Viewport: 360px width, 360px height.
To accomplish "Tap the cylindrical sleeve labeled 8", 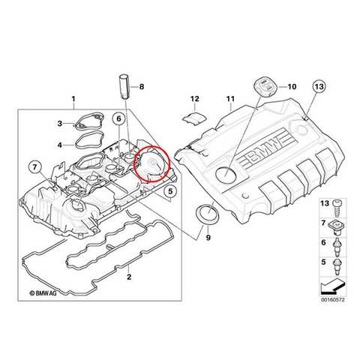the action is pos(124,86).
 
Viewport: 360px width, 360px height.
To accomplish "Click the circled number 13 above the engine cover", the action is pos(319,87).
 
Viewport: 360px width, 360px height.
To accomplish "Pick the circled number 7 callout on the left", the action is pos(34,166).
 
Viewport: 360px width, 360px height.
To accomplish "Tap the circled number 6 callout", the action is pos(118,118).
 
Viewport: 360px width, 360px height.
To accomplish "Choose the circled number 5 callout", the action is pos(170,191).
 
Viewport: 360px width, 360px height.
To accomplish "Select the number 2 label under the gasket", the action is pos(129,277).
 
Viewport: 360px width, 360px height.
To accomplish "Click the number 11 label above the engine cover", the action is pos(230,99).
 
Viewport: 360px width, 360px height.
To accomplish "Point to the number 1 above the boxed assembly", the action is pos(73,99).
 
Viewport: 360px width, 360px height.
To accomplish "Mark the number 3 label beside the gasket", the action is pos(60,123).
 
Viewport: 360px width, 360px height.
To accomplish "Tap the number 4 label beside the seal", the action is pos(60,145).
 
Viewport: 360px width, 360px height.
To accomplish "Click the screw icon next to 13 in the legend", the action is pos(336,208).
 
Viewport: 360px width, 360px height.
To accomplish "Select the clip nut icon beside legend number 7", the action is pos(337,227).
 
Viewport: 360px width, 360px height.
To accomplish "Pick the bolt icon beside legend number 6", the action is pos(337,247).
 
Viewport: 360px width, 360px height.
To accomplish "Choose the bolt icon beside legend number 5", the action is pos(337,267).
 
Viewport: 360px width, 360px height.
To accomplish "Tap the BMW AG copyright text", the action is pos(43,293).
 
